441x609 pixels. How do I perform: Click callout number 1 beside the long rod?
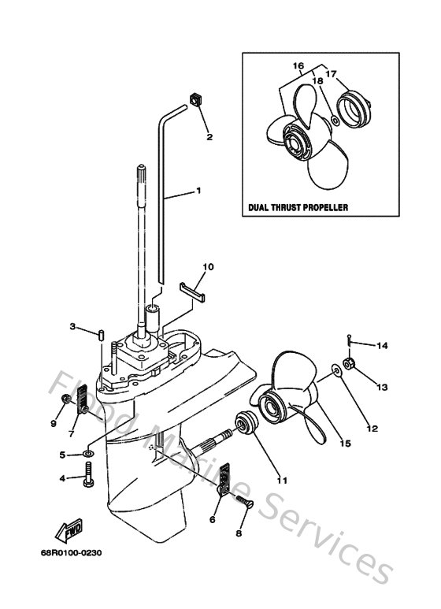198,191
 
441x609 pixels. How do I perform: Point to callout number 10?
208,268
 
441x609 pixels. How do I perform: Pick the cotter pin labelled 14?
349,340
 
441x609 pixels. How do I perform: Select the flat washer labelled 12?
336,368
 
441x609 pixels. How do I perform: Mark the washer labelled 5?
87,455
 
